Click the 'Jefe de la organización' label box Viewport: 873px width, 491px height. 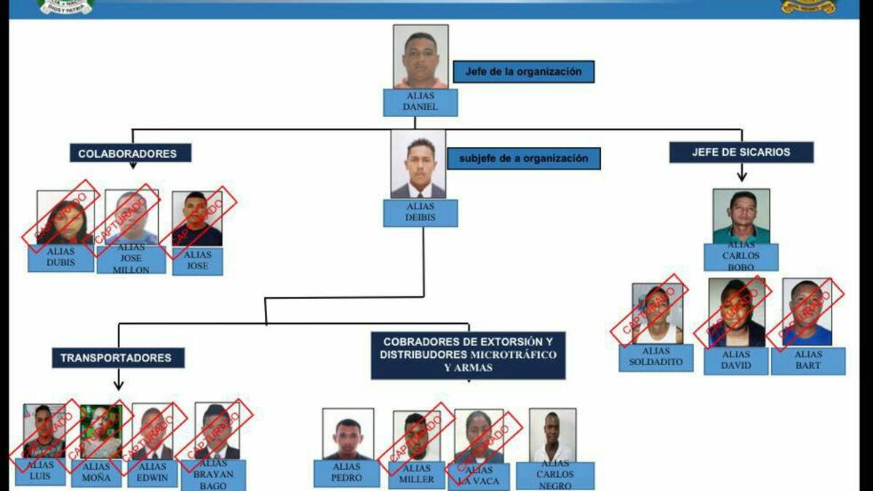pos(524,71)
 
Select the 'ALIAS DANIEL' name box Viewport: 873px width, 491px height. pos(420,103)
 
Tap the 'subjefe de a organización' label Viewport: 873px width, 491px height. pos(524,159)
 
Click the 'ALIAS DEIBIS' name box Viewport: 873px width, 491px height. pos(420,213)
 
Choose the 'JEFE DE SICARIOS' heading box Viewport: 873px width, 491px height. pos(741,152)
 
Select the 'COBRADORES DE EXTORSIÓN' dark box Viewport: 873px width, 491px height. pos(468,356)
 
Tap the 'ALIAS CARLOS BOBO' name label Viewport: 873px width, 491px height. pos(741,257)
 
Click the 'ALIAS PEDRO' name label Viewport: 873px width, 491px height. pos(346,474)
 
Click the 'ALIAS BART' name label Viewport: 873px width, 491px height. pos(808,361)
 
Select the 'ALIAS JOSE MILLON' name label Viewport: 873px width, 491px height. pos(131,260)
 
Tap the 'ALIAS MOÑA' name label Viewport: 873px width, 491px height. pos(97,473)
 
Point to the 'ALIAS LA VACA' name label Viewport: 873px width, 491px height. pos(479,476)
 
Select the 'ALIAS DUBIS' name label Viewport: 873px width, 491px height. pos(61,258)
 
